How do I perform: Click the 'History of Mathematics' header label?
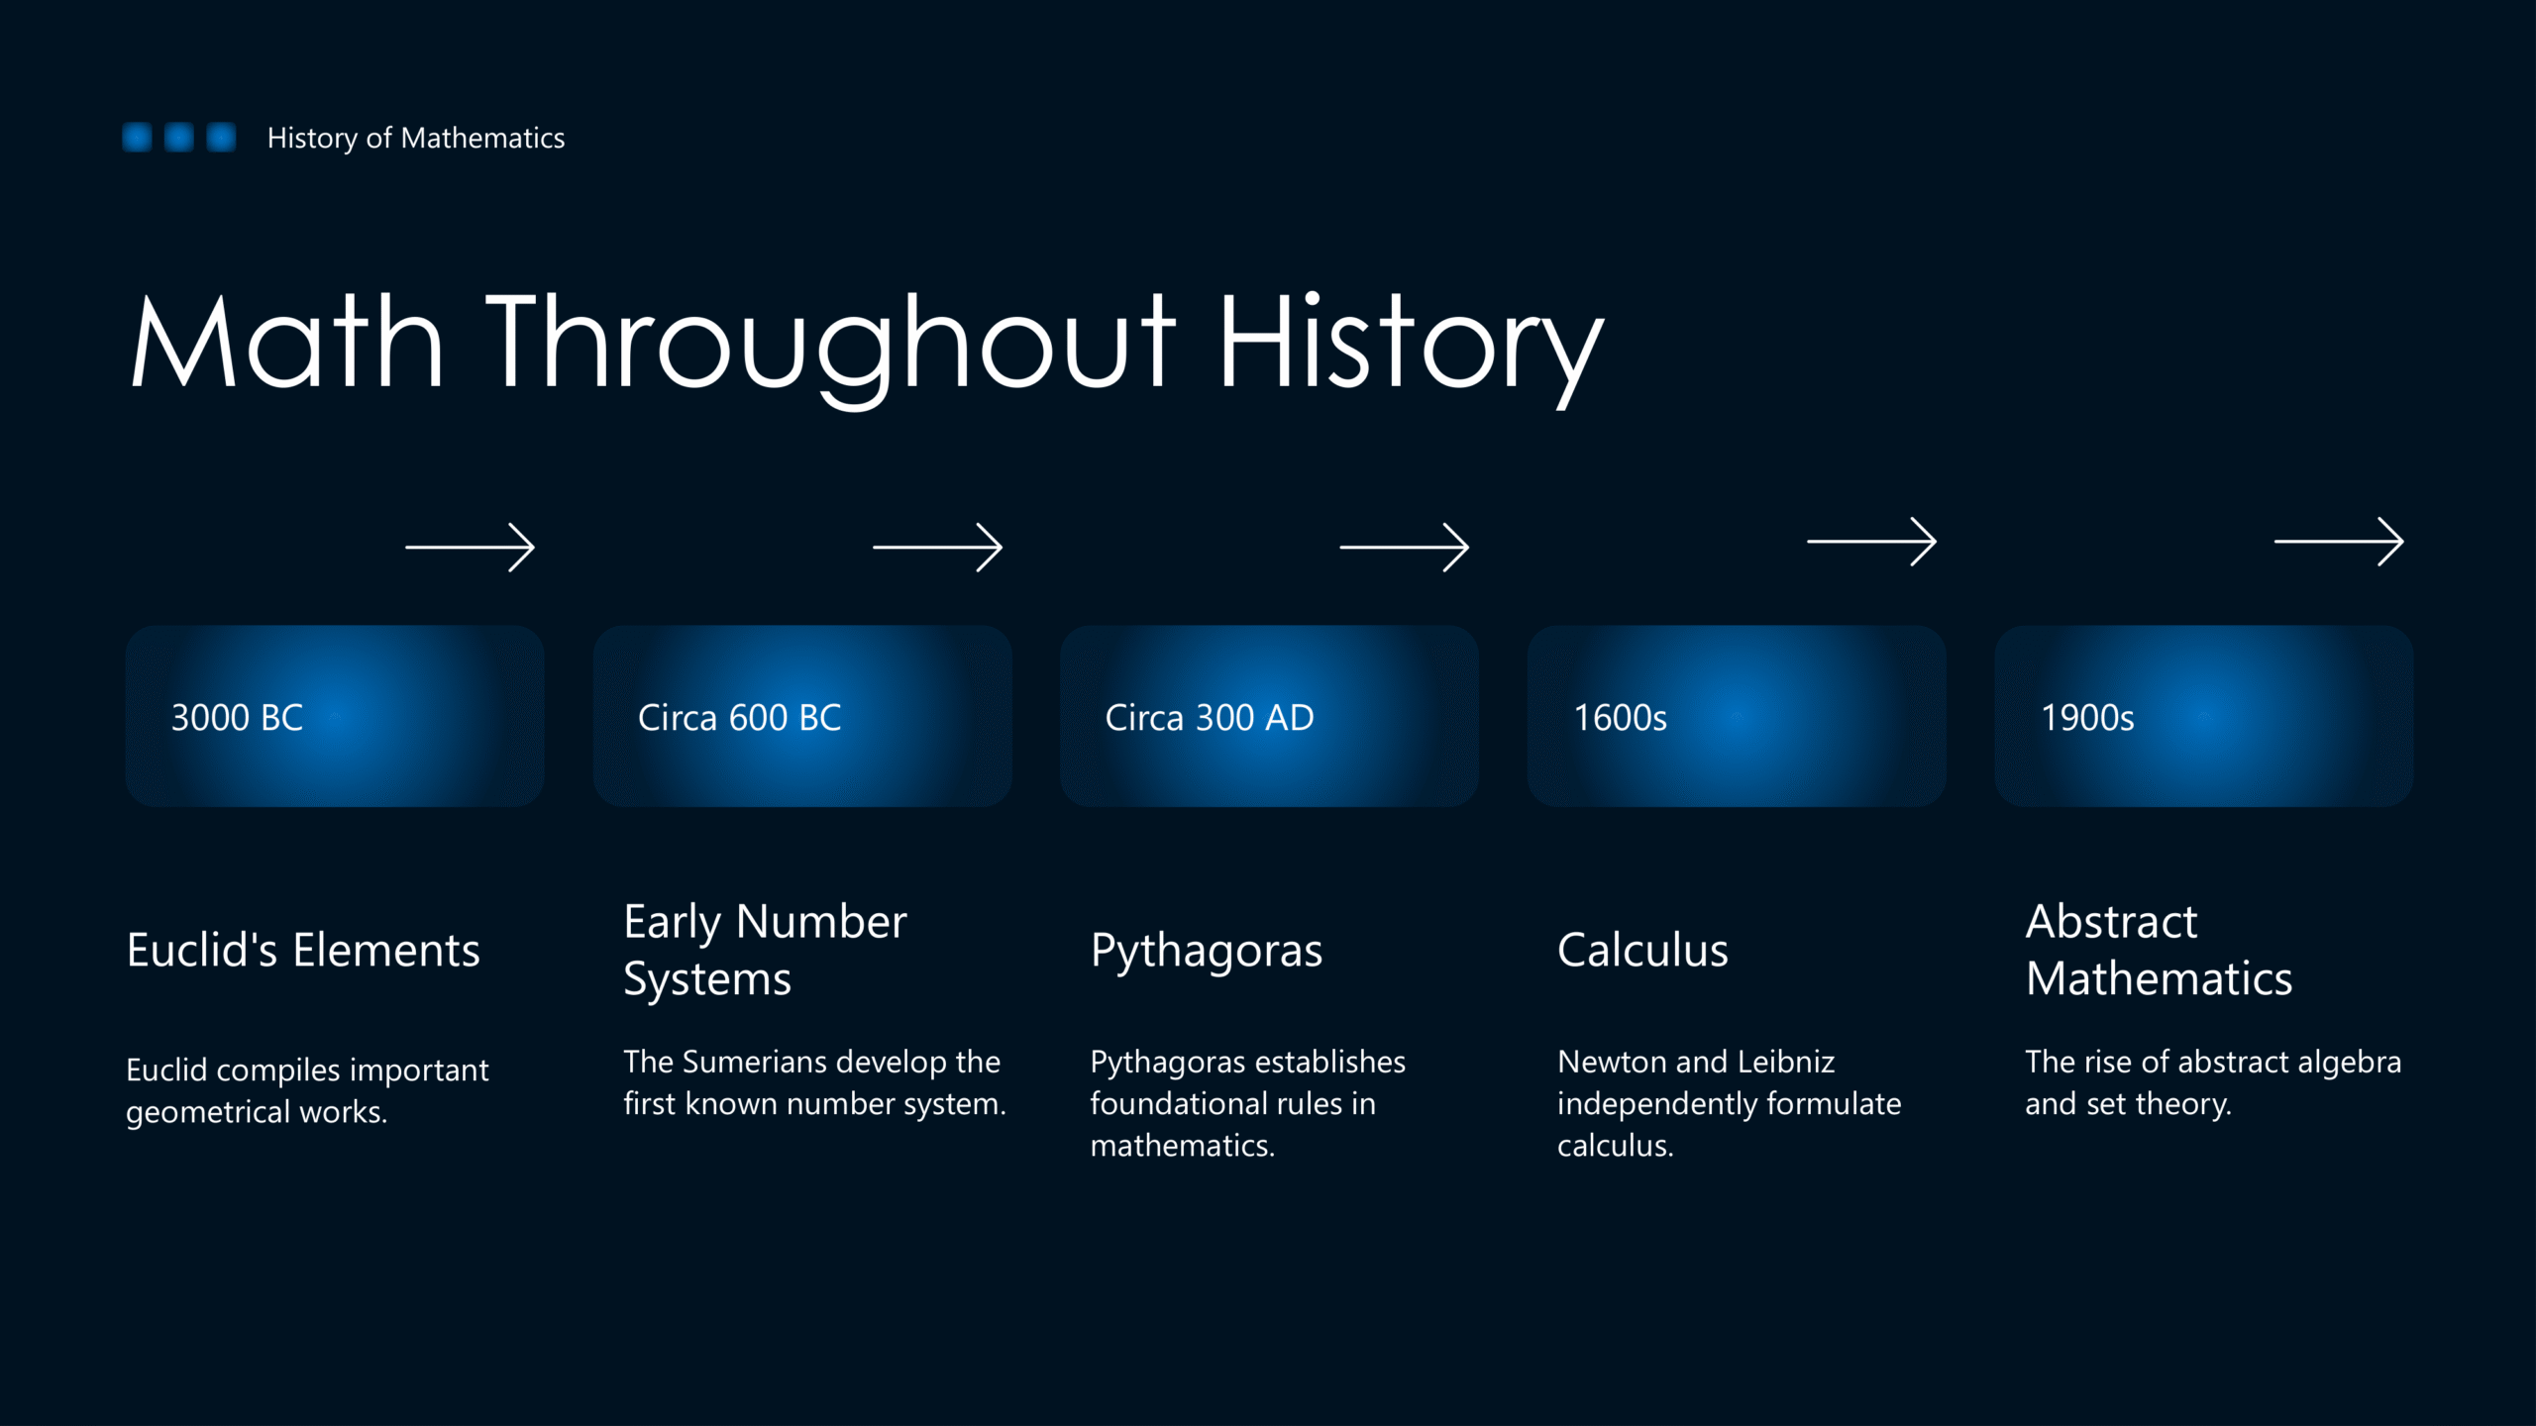click(416, 138)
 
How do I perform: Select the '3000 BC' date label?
click(237, 717)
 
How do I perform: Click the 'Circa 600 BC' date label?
click(739, 717)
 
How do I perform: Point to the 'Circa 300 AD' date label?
click(1210, 717)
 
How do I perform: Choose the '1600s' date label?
click(1621, 717)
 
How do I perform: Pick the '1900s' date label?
click(2087, 717)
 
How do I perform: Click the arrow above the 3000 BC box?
click(470, 547)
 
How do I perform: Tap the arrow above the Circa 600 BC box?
click(937, 547)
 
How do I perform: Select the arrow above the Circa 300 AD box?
click(1404, 547)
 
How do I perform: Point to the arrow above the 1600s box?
click(1871, 541)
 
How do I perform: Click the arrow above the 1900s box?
click(2339, 541)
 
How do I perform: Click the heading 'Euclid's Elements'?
click(303, 950)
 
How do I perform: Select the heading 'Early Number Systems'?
click(765, 950)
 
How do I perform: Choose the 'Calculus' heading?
click(1642, 950)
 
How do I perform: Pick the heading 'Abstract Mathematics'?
click(2159, 950)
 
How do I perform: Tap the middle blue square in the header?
click(179, 137)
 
